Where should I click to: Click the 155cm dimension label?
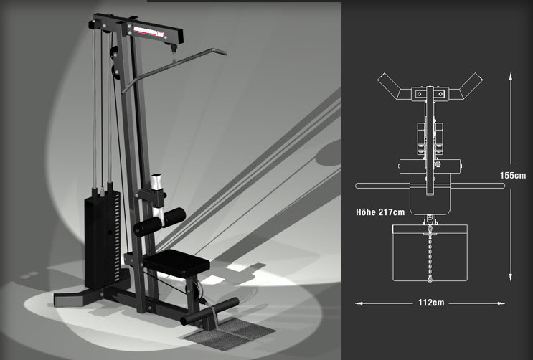pyautogui.click(x=513, y=176)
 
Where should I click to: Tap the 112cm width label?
pyautogui.click(x=431, y=303)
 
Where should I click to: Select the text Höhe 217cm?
pyautogui.click(x=380, y=212)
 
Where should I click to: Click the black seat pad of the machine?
pyautogui.click(x=176, y=263)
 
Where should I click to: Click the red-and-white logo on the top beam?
pyautogui.click(x=149, y=32)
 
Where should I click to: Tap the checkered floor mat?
pyautogui.click(x=229, y=334)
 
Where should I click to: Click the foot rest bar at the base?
pyautogui.click(x=209, y=311)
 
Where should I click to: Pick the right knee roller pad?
pyautogui.click(x=175, y=217)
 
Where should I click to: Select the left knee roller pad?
pyautogui.click(x=147, y=227)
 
